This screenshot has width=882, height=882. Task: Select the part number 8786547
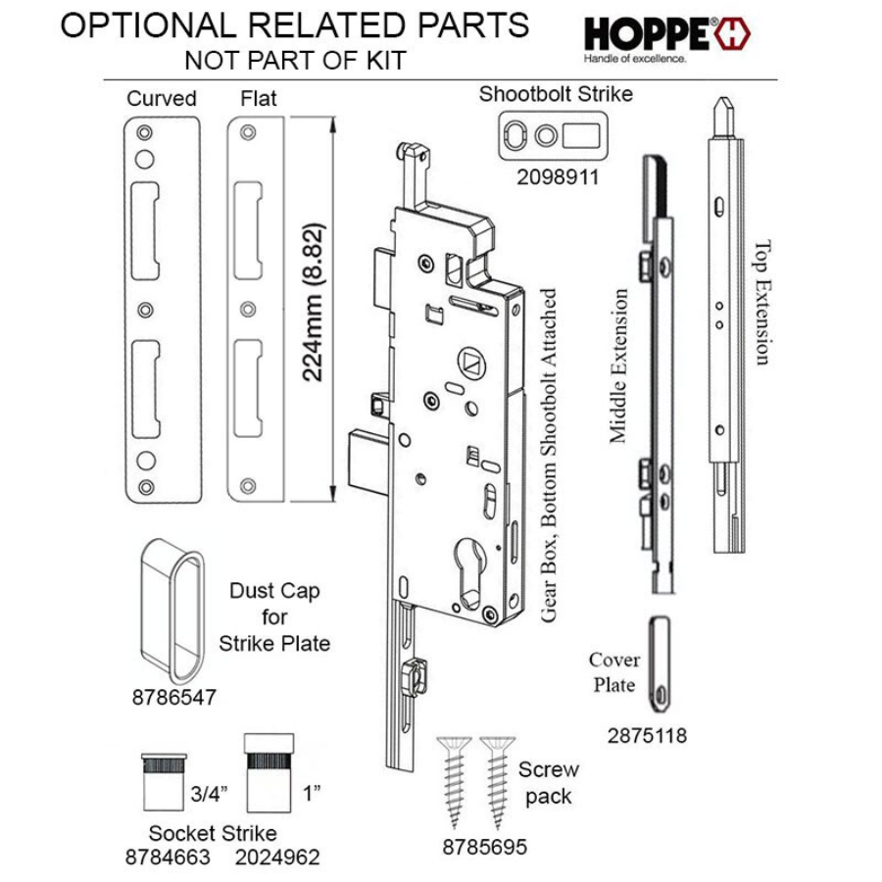click(x=173, y=699)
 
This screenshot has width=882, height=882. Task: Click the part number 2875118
click(x=646, y=735)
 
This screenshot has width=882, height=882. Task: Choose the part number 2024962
click(x=278, y=857)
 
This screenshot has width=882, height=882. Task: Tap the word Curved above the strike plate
click(x=161, y=99)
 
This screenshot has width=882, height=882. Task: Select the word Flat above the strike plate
click(x=259, y=99)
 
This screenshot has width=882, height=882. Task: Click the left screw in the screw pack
click(x=452, y=778)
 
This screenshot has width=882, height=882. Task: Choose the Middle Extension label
click(x=618, y=367)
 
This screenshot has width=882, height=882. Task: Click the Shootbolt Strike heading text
click(x=556, y=95)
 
